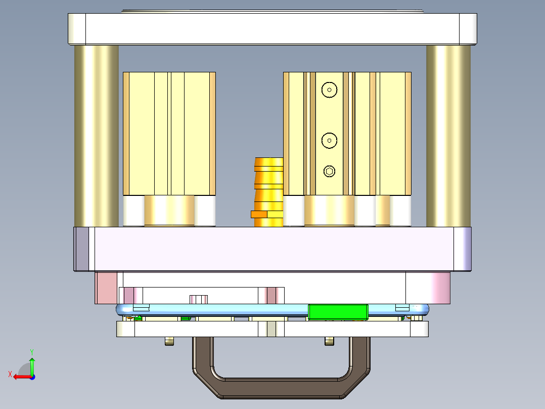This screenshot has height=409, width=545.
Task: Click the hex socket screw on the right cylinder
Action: pyautogui.click(x=329, y=172)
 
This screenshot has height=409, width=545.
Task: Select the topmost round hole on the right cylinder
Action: pyautogui.click(x=329, y=90)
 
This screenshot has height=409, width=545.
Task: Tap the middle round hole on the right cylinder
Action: pyautogui.click(x=329, y=140)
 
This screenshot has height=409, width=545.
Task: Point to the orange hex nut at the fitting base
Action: pyautogui.click(x=259, y=214)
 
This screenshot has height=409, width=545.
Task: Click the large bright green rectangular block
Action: pyautogui.click(x=338, y=312)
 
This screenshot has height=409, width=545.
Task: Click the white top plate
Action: pyautogui.click(x=272, y=29)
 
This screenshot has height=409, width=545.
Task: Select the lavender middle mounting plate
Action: pyautogui.click(x=272, y=249)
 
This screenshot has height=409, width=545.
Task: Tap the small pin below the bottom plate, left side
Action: pyautogui.click(x=169, y=342)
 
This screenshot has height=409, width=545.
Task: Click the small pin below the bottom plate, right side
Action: pyautogui.click(x=329, y=342)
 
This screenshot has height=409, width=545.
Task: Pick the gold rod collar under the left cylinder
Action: pyautogui.click(x=169, y=210)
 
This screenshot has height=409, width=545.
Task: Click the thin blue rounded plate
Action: pyautogui.click(x=228, y=309)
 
